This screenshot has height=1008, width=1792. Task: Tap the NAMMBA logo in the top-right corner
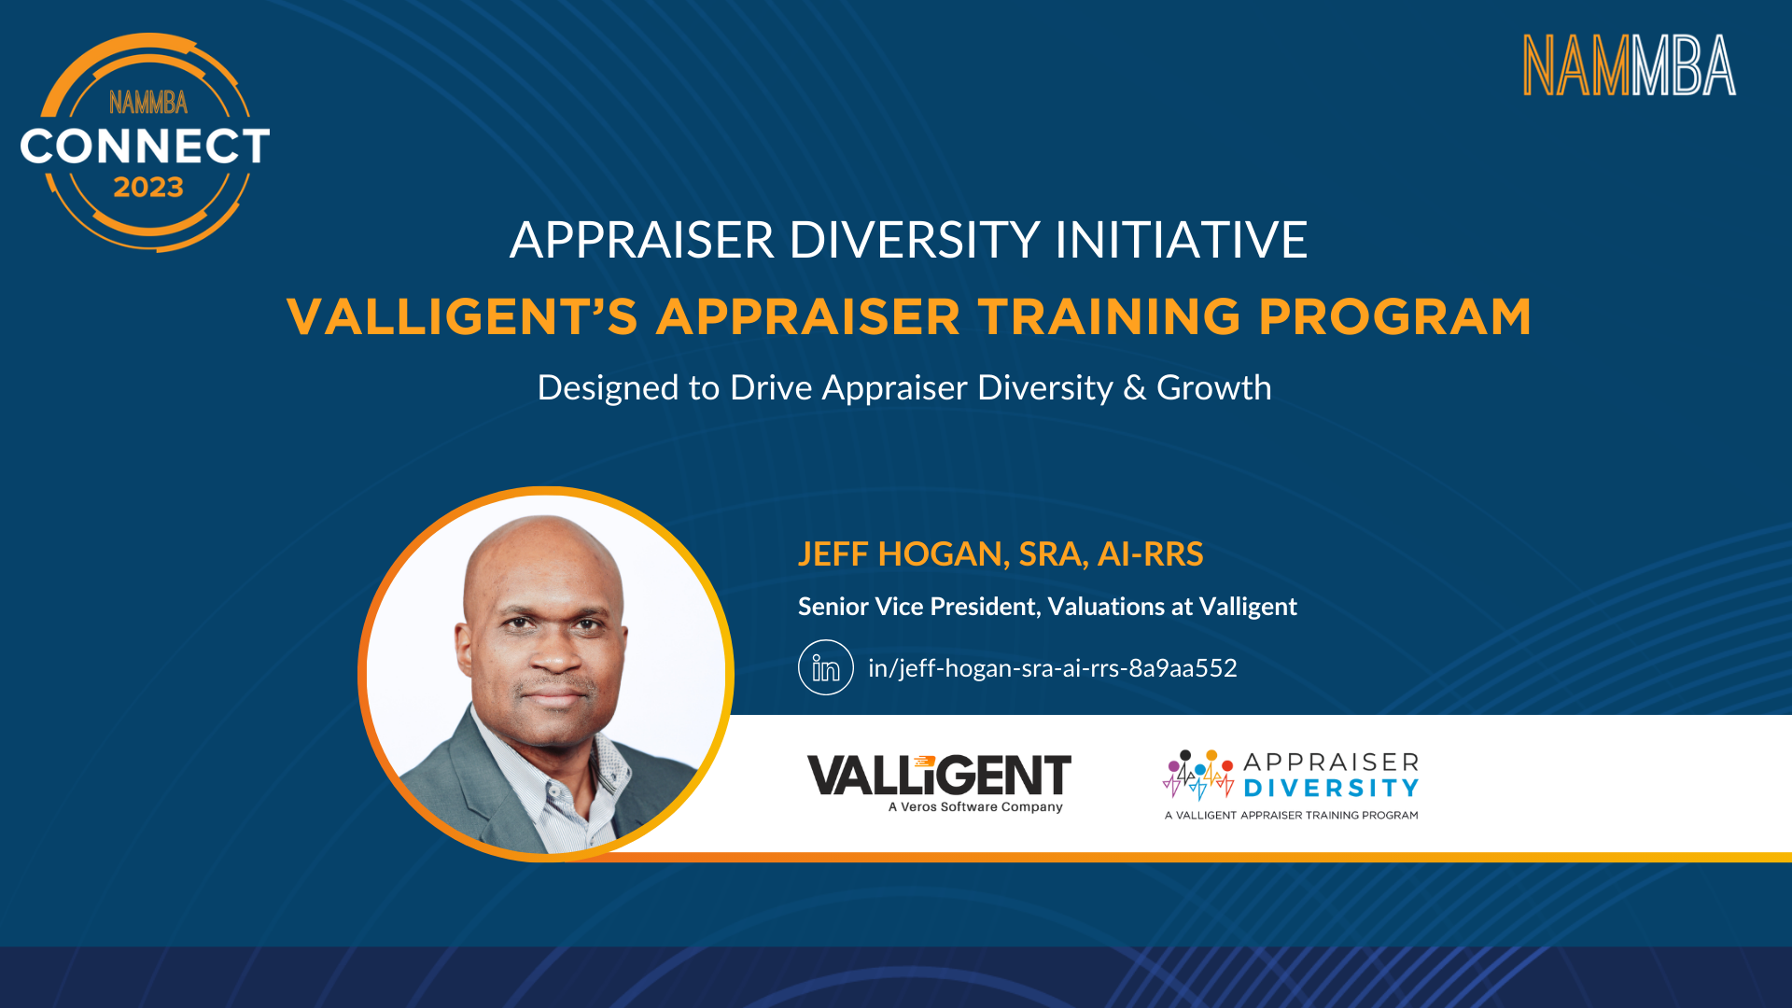click(1630, 65)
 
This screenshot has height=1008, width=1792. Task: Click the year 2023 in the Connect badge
click(148, 188)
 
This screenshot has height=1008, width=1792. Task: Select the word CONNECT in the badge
click(145, 146)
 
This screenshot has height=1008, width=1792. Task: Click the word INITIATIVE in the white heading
click(1181, 240)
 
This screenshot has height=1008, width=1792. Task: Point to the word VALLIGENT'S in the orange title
click(462, 316)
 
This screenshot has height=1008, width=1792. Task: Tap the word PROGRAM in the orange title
click(1394, 316)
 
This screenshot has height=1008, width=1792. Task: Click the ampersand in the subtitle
click(1135, 388)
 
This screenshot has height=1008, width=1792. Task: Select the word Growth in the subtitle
click(1213, 388)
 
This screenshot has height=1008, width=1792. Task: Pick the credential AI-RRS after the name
click(1150, 554)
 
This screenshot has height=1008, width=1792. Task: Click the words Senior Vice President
click(918, 607)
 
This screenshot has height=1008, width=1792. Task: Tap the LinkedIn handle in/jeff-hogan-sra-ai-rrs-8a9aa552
click(1052, 668)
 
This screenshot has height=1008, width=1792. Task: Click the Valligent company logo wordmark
click(939, 776)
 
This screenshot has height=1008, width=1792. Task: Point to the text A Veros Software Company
click(975, 807)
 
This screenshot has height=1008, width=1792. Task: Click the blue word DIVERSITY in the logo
click(1331, 789)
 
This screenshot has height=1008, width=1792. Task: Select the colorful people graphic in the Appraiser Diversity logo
click(1199, 775)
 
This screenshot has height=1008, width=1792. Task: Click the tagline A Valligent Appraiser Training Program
click(1291, 816)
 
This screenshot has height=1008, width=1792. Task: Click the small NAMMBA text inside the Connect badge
click(148, 103)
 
